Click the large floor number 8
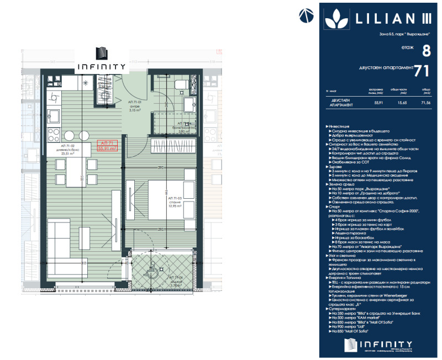[426, 51]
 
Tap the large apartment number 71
[422, 70]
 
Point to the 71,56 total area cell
[426, 103]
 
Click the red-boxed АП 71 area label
[107, 145]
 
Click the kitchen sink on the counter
[56, 117]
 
